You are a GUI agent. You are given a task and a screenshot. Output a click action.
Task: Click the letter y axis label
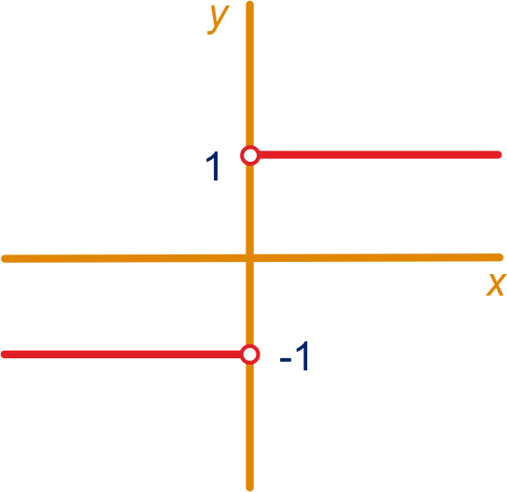pos(218,19)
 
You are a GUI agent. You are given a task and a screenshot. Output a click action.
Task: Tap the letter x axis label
pos(496,284)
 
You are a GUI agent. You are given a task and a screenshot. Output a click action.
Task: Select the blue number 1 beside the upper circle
pos(214,166)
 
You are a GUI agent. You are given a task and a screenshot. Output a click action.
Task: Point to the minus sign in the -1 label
pos(286,359)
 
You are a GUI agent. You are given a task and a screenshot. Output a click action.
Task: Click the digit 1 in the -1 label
pos(303,355)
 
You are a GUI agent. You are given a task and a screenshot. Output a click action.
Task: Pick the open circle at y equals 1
pos(250,155)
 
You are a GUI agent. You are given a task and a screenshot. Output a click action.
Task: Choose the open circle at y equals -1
pos(250,355)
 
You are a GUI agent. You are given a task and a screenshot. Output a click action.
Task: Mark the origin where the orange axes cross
pos(249,258)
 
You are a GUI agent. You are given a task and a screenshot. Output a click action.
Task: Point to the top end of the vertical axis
pos(249,3)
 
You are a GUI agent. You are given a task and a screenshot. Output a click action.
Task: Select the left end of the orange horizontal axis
pos(3,259)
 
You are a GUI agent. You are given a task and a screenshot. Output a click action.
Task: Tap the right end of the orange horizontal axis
pos(501,257)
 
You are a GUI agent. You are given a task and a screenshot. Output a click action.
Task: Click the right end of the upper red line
pos(500,155)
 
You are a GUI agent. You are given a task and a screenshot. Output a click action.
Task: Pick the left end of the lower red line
pos(3,355)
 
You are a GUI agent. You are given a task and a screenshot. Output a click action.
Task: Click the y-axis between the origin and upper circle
pos(249,210)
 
